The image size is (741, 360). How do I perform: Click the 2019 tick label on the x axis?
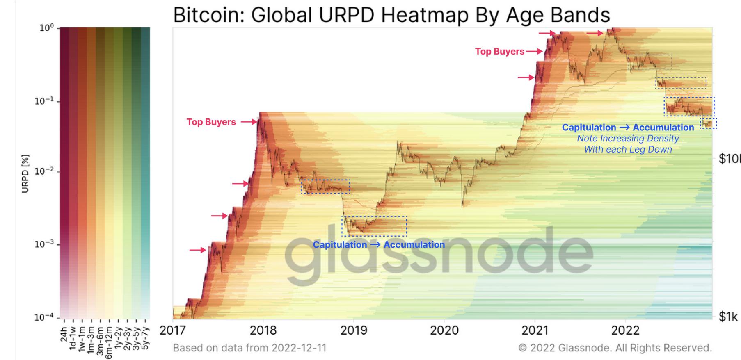tap(354, 330)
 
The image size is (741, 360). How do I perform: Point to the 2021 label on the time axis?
tap(535, 330)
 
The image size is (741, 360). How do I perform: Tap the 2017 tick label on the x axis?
tap(173, 330)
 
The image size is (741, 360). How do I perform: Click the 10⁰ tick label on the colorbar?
tap(46, 28)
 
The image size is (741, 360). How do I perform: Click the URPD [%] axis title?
tap(26, 173)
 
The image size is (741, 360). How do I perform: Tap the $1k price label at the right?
tap(728, 317)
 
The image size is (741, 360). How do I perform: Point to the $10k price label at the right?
tap(730, 159)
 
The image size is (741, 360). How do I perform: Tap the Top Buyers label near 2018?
tap(211, 122)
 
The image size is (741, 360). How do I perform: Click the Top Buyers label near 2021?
tap(499, 52)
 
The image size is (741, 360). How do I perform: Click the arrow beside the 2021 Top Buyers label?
tap(535, 52)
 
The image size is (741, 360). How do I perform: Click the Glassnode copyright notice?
tap(615, 348)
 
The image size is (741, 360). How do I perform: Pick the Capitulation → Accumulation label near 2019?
tap(378, 245)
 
